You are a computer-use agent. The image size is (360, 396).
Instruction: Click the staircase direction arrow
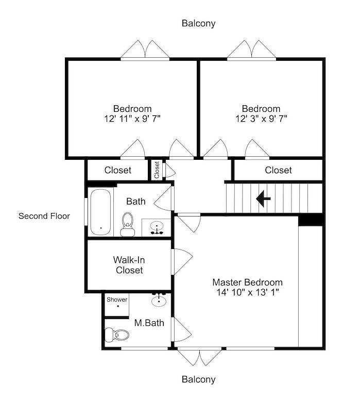tap(263, 199)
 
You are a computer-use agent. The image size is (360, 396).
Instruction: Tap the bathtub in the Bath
tap(100, 212)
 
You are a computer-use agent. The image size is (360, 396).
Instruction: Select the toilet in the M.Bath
tap(116, 335)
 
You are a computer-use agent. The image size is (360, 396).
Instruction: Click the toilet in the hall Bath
tap(127, 224)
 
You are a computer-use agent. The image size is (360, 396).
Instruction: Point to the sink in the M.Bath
tap(159, 300)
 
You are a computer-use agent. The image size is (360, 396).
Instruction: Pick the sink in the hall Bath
tap(157, 227)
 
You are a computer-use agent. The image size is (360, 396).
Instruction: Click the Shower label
tap(117, 300)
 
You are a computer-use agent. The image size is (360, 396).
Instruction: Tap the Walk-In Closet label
tap(129, 265)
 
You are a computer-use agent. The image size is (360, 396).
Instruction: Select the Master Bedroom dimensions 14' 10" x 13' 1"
tap(248, 292)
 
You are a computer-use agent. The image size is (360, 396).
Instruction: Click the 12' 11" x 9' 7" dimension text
tap(132, 119)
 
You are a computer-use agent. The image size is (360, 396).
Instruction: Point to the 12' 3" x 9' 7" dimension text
tap(261, 119)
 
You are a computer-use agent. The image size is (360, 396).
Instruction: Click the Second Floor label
tap(44, 216)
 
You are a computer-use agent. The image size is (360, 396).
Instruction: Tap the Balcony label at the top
tap(199, 24)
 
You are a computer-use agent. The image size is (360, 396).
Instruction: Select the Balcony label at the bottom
tap(199, 379)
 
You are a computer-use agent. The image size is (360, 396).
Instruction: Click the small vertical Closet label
tap(157, 170)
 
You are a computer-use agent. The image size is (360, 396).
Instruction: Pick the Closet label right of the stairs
tap(278, 170)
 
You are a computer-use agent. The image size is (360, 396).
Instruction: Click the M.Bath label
tap(149, 323)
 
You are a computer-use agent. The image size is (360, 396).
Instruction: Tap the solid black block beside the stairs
tap(311, 220)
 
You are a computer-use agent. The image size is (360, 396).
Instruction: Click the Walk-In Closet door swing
tap(182, 261)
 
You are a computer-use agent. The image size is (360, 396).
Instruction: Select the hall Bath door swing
tap(164, 199)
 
